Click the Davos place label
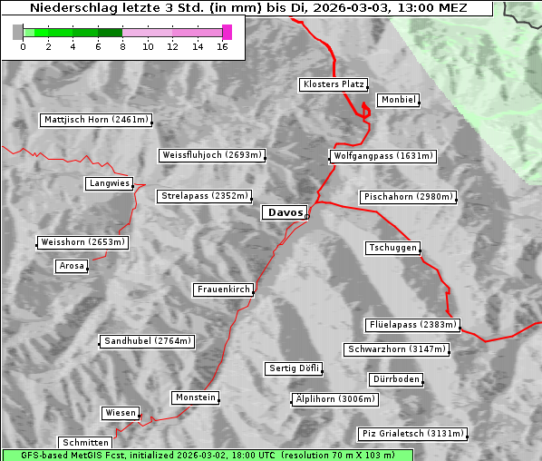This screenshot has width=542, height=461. pyautogui.click(x=285, y=212)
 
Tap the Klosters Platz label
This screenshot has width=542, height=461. pyautogui.click(x=333, y=84)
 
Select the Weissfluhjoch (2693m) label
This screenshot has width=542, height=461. pyautogui.click(x=212, y=155)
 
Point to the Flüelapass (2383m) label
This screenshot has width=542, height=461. pyautogui.click(x=412, y=325)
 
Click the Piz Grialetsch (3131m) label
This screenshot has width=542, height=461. pyautogui.click(x=412, y=434)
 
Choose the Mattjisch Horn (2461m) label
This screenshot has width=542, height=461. pyautogui.click(x=96, y=120)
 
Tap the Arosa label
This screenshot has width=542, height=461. pyautogui.click(x=72, y=266)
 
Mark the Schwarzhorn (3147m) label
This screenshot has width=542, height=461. pyautogui.click(x=397, y=349)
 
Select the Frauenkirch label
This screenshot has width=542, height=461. pyautogui.click(x=223, y=289)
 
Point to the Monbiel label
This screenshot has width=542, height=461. pyautogui.click(x=398, y=100)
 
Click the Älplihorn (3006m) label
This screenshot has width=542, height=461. pyautogui.click(x=334, y=399)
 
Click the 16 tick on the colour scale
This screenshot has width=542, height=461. pyautogui.click(x=222, y=45)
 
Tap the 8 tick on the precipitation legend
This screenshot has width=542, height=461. pyautogui.click(x=122, y=45)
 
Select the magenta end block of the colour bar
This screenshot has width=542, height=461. pyautogui.click(x=227, y=32)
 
